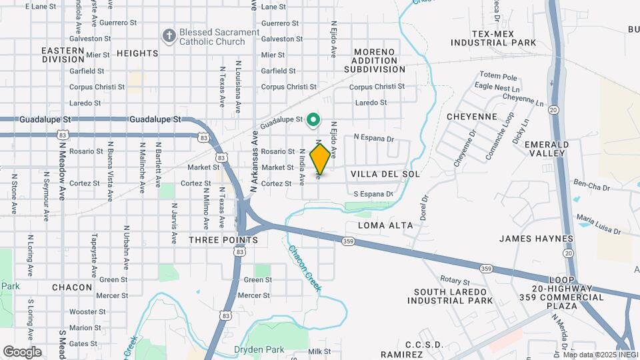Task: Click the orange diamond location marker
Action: [x=320, y=159]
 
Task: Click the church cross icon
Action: [x=169, y=35]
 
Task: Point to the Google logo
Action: [x=21, y=351]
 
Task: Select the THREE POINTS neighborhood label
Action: [x=223, y=239]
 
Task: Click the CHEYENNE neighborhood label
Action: [x=471, y=117]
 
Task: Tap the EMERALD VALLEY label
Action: [x=547, y=149]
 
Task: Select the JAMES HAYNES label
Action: [x=536, y=239]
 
